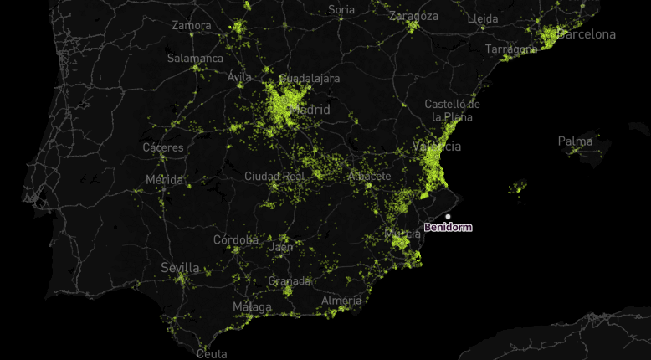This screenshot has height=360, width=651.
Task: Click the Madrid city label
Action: (310, 110)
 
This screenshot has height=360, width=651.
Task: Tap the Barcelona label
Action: (587, 34)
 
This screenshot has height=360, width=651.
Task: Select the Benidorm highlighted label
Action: (448, 227)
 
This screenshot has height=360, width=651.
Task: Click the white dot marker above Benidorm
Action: (448, 217)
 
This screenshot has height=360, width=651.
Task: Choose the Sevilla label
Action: (180, 268)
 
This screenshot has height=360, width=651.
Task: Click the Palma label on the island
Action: (575, 141)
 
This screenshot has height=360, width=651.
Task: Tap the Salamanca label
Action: (195, 59)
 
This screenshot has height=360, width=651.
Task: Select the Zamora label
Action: (192, 25)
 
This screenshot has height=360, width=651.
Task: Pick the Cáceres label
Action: (163, 147)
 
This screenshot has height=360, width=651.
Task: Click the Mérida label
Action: (164, 180)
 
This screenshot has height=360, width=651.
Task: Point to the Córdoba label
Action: (236, 239)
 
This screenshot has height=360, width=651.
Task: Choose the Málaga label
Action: (252, 307)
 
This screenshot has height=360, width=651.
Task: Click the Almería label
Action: (341, 300)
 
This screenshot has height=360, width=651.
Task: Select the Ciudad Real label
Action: (273, 176)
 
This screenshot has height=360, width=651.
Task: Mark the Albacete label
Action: (369, 176)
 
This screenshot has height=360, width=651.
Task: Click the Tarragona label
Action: (510, 49)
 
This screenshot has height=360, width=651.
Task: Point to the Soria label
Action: (341, 10)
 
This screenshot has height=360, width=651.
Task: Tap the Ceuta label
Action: (212, 354)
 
